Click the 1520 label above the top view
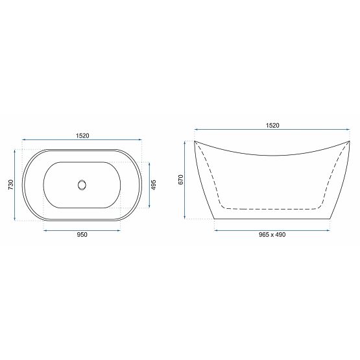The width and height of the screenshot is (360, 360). click(81, 135)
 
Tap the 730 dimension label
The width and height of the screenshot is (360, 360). click(9, 185)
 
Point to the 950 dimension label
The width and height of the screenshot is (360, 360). click(81, 235)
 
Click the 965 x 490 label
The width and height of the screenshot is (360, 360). click(272, 235)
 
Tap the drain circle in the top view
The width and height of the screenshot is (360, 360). click(82, 185)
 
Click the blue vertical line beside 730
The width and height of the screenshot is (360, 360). click(15, 185)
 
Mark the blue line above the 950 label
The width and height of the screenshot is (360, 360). click(82, 229)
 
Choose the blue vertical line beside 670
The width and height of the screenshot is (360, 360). click(186, 179)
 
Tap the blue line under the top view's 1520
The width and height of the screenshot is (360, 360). click(82, 140)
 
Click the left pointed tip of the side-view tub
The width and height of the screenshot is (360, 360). click(195, 141)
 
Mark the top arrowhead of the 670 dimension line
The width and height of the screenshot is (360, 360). click(186, 142)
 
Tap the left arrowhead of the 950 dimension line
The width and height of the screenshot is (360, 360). click(45, 229)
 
